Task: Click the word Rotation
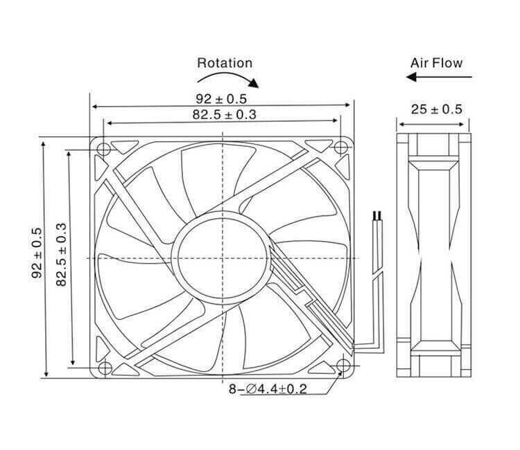(x=225, y=62)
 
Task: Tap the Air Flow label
(x=436, y=62)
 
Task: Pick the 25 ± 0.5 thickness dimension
(x=436, y=109)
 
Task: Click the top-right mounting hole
(x=340, y=148)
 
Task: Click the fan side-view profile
(x=434, y=255)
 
